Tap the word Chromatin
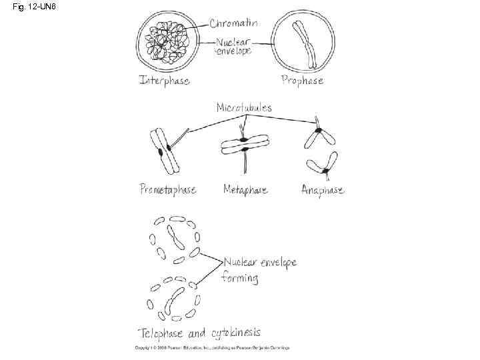pyautogui.click(x=234, y=23)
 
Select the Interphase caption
pyautogui.click(x=164, y=81)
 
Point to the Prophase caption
pyautogui.click(x=302, y=80)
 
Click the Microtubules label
pyautogui.click(x=244, y=107)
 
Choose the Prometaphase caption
pyautogui.click(x=168, y=189)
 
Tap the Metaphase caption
pyautogui.click(x=245, y=189)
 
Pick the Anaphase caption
pyautogui.click(x=323, y=190)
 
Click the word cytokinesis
pyautogui.click(x=235, y=332)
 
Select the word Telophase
pyautogui.click(x=161, y=332)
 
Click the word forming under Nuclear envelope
pyautogui.click(x=239, y=277)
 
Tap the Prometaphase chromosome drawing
pyautogui.click(x=162, y=151)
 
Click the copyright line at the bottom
pyautogui.click(x=207, y=348)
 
